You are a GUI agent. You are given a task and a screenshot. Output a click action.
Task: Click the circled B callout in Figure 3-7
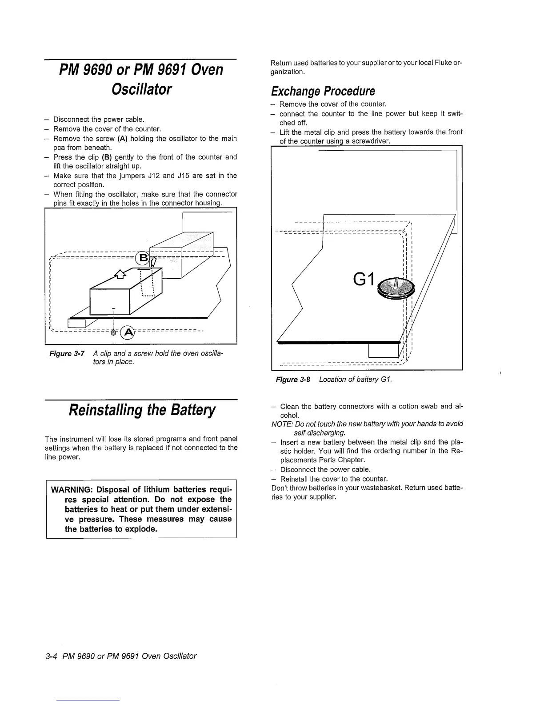click(143, 258)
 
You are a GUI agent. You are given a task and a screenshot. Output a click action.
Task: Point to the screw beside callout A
click(114, 332)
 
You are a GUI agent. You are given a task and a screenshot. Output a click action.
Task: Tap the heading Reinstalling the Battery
click(141, 409)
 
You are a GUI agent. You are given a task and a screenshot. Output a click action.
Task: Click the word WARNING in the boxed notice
click(72, 490)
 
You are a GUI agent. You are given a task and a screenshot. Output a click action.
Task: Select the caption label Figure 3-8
click(293, 379)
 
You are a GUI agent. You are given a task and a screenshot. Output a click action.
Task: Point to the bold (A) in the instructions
click(122, 139)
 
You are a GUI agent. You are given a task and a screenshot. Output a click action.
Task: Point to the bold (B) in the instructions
click(107, 157)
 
